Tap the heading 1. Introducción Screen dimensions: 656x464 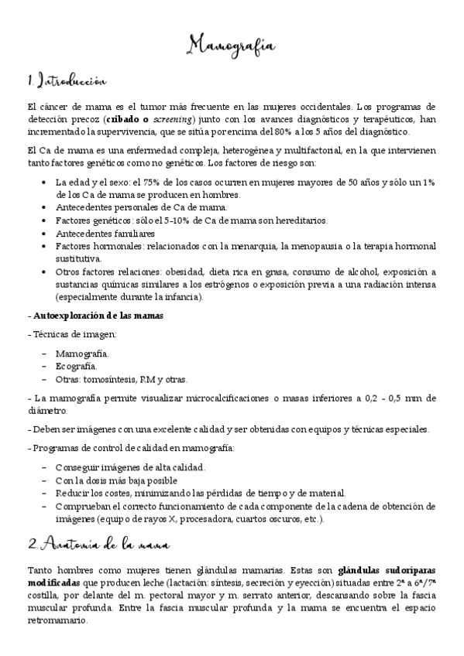click(67, 80)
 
